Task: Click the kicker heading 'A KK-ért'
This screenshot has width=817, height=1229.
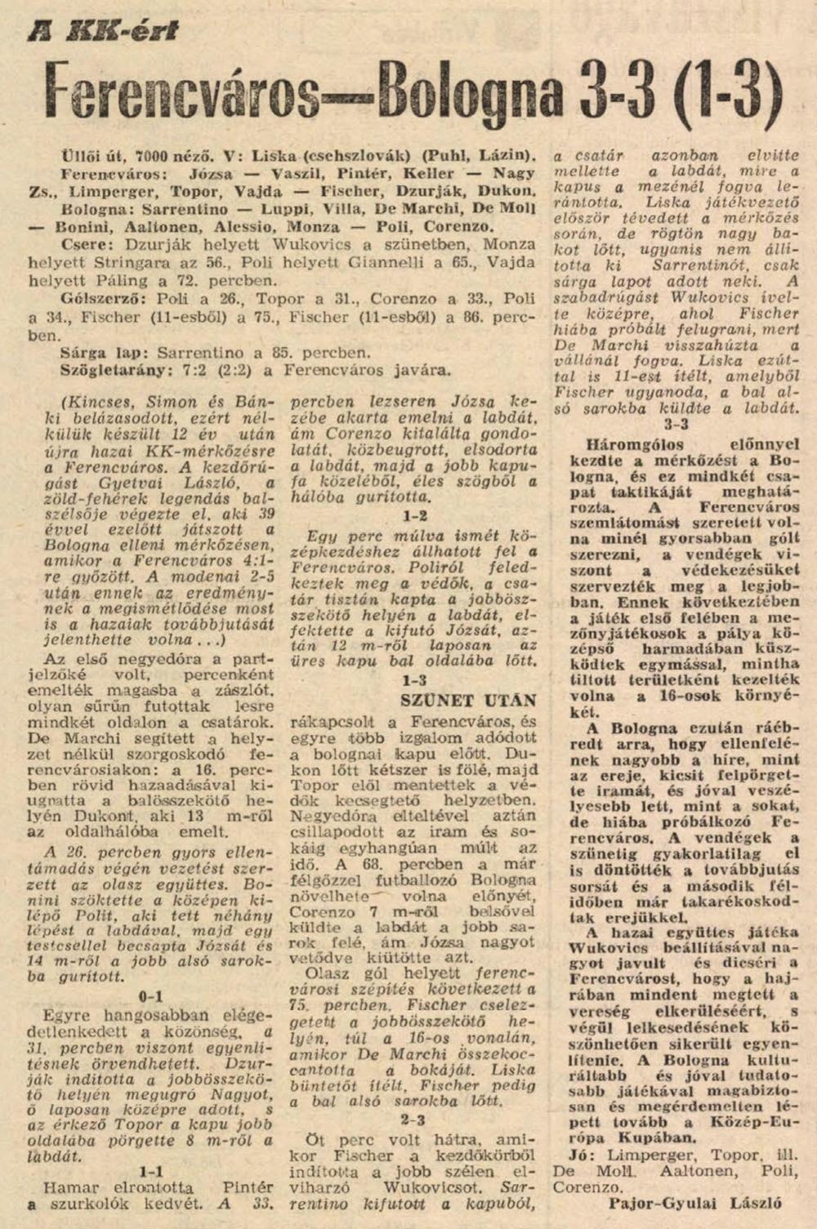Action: point(102,30)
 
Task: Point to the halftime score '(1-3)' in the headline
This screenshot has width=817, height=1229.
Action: point(720,91)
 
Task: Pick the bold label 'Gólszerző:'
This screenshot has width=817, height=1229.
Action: point(100,299)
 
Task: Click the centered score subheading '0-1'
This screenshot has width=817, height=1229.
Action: point(151,996)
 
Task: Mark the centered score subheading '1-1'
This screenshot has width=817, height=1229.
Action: point(151,1171)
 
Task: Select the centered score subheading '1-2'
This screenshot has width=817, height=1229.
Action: point(413,516)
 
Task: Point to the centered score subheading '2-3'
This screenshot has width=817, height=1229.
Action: point(413,1120)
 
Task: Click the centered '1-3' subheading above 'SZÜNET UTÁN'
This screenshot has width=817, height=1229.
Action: point(413,679)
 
